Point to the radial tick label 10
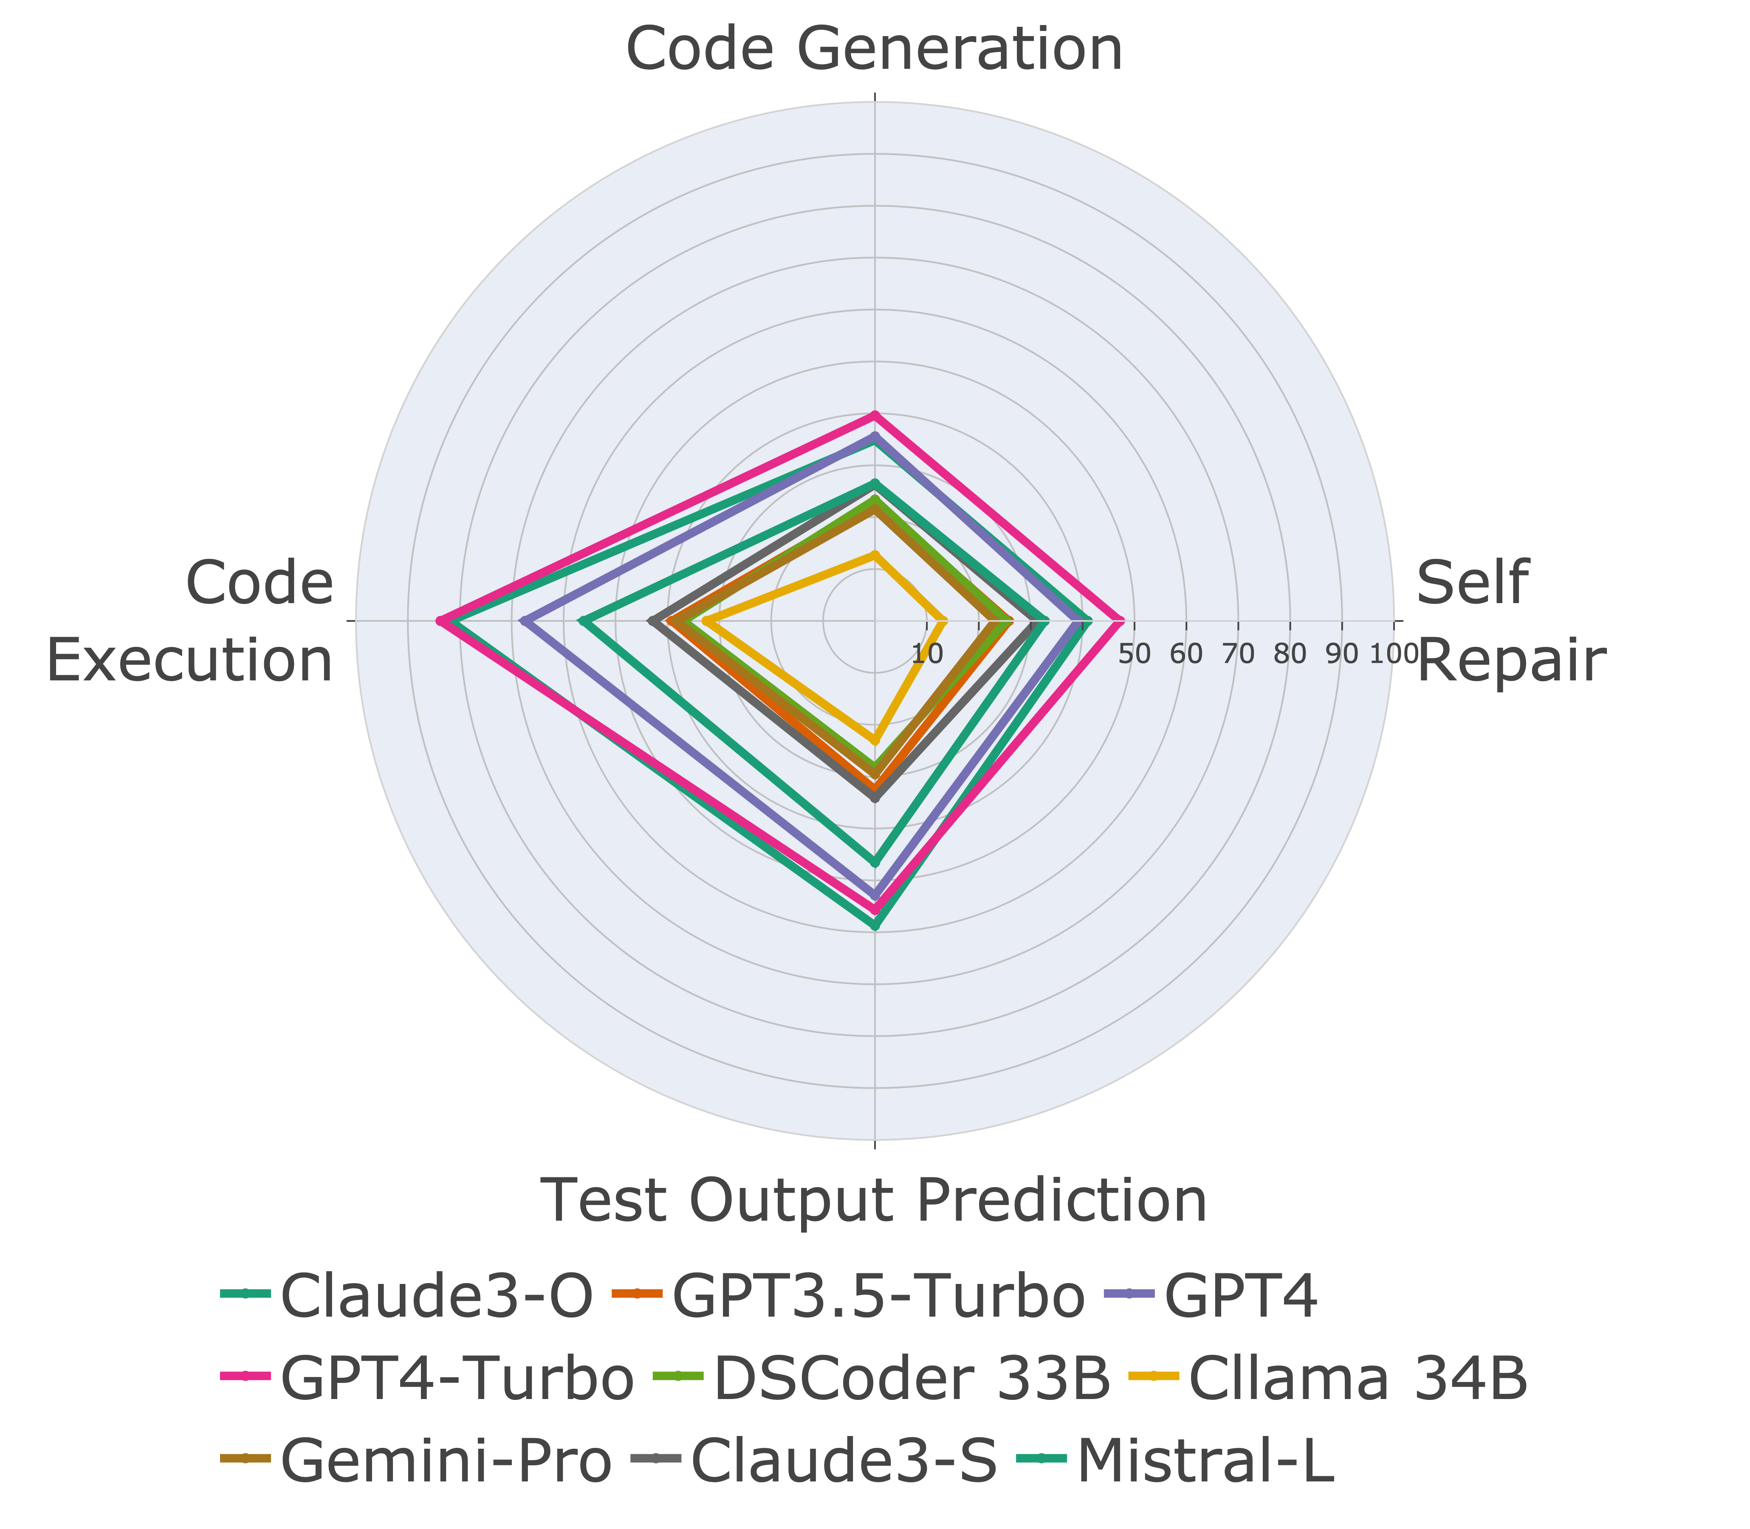coord(927,654)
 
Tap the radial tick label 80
coord(1290,654)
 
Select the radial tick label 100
coord(1393,654)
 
